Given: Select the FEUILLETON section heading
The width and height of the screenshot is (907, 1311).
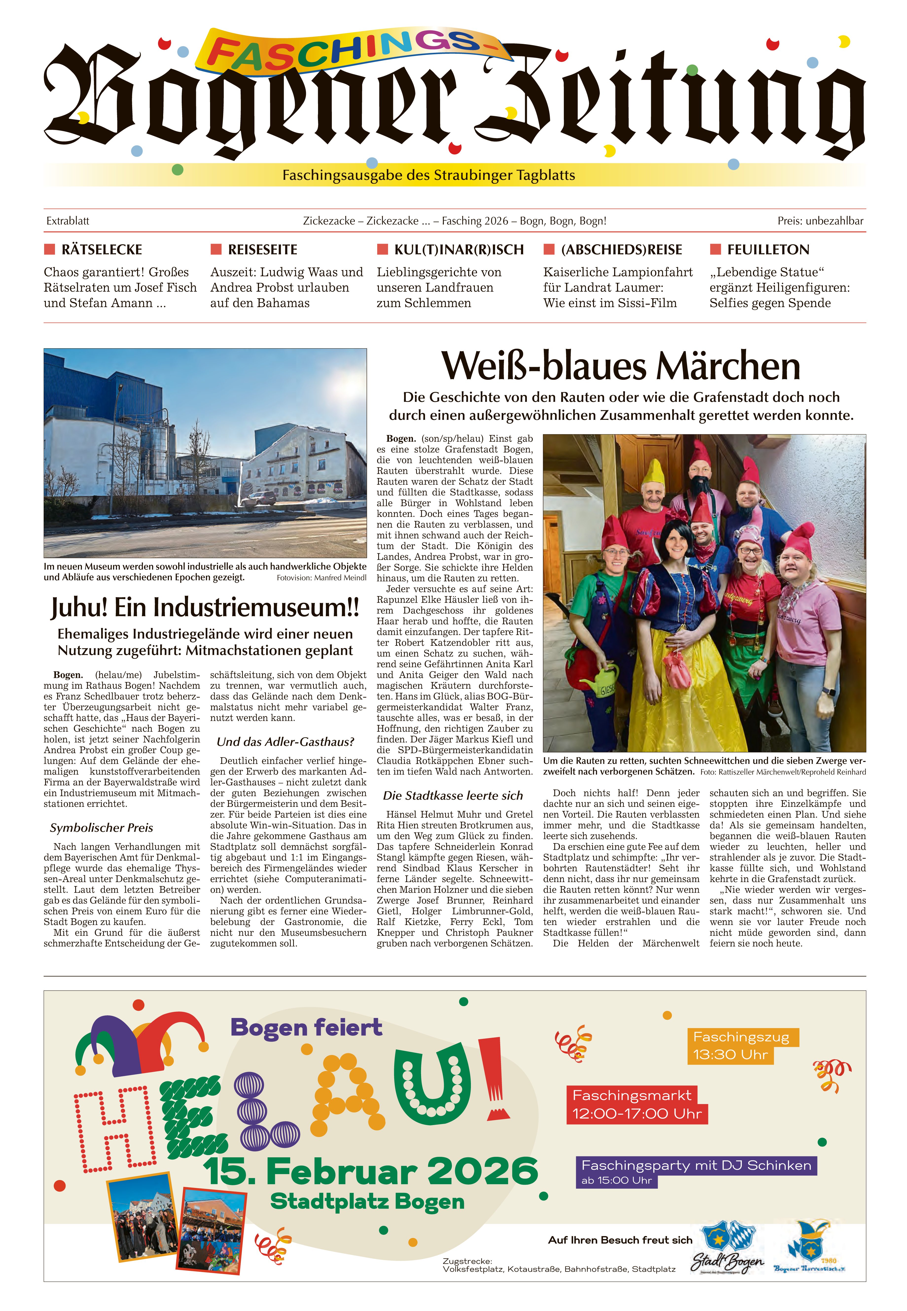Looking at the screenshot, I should [x=768, y=250].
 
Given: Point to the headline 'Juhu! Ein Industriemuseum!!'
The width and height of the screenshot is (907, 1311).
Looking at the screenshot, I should [x=205, y=607].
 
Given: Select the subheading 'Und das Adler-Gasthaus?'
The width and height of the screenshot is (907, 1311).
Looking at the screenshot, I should [x=285, y=742].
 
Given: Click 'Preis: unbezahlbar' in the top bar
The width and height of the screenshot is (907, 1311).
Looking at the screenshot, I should [x=820, y=221].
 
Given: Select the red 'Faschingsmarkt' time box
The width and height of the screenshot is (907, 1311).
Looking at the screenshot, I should [x=637, y=1105].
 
